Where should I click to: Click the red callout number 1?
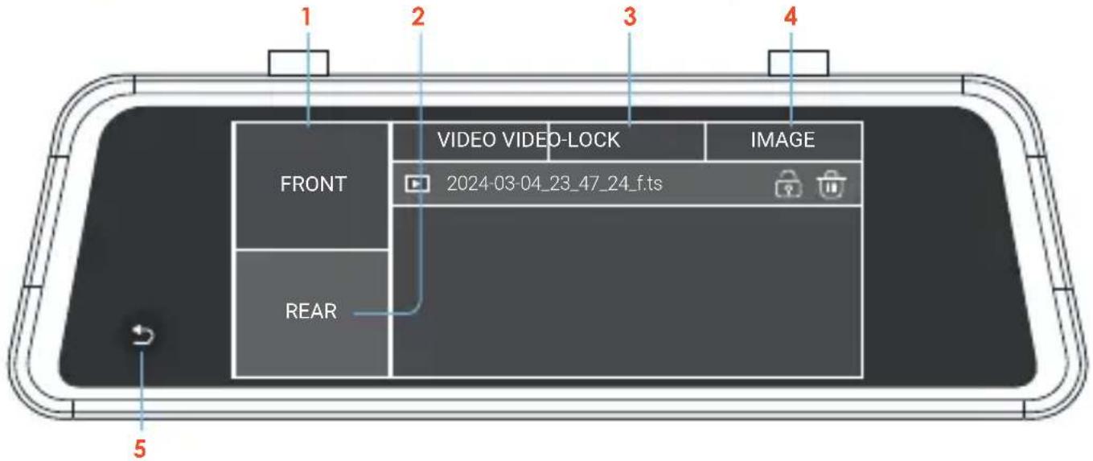tap(306, 17)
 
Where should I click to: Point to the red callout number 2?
tap(418, 17)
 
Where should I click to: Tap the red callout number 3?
tap(630, 17)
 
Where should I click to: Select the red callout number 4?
tap(791, 17)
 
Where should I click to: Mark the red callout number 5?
tap(140, 448)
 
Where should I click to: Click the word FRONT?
tap(313, 184)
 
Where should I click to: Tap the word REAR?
tap(310, 311)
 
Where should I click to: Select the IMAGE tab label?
tap(783, 140)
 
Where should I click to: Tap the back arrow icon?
tap(143, 335)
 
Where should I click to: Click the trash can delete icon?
tap(832, 184)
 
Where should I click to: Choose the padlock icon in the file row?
tap(788, 184)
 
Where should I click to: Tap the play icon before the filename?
tap(417, 184)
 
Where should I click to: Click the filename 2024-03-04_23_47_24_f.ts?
tap(554, 184)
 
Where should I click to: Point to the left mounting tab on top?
tap(298, 63)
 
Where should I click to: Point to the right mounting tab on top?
tap(799, 63)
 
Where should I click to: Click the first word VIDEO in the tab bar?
tap(466, 140)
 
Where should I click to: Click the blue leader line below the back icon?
tap(142, 391)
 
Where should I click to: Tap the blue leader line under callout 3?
tap(630, 79)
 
